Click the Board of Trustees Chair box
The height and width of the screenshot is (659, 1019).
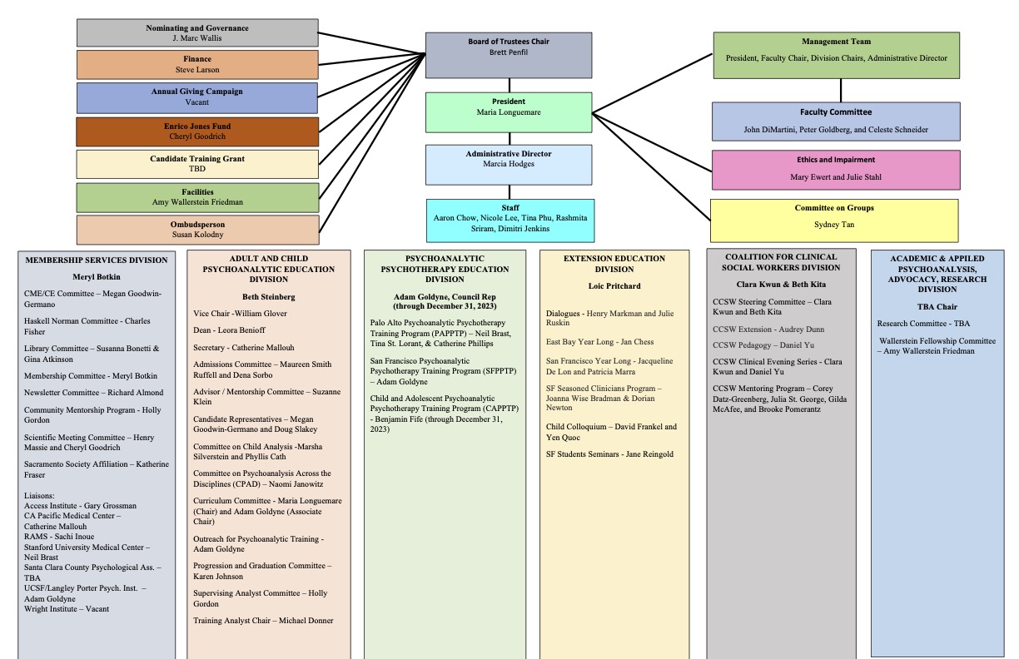pyautogui.click(x=509, y=55)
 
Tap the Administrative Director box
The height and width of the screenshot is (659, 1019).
pyautogui.click(x=509, y=164)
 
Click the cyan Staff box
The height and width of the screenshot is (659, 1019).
pyautogui.click(x=509, y=220)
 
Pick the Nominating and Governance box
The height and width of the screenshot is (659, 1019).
pyautogui.click(x=197, y=33)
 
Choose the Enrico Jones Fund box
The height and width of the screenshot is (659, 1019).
pyautogui.click(x=197, y=131)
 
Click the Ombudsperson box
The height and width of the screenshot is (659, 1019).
pyautogui.click(x=197, y=230)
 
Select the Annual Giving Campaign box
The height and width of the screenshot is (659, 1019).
pyautogui.click(x=197, y=97)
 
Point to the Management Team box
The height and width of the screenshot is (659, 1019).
pyautogui.click(x=836, y=55)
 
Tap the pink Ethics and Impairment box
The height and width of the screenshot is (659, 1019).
pyautogui.click(x=836, y=170)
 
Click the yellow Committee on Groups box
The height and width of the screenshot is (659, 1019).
pyautogui.click(x=833, y=220)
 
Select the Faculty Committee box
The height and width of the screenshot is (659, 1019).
pyautogui.click(x=836, y=121)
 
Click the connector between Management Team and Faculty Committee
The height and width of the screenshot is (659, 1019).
pyautogui.click(x=840, y=90)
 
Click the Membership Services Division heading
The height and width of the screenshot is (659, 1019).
pyautogui.click(x=97, y=260)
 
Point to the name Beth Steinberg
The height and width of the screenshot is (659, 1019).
pyautogui.click(x=269, y=297)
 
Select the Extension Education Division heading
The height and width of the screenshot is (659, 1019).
pyautogui.click(x=614, y=264)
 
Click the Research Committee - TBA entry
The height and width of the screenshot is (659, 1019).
pyautogui.click(x=923, y=324)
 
